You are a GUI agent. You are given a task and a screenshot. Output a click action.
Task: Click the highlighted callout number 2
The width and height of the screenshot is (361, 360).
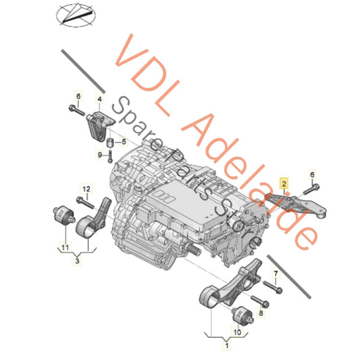284,183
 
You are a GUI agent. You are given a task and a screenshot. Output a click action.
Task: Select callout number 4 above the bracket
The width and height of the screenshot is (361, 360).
100,99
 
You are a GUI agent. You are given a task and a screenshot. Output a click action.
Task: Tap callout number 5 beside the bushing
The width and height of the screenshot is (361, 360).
124,141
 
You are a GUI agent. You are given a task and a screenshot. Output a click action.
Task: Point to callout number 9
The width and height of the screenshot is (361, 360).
100,154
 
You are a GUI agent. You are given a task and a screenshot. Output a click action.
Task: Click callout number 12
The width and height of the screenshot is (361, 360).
86,189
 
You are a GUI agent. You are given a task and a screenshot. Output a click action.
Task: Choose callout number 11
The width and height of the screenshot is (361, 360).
66,248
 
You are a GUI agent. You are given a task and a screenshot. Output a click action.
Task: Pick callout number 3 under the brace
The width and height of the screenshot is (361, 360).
77,261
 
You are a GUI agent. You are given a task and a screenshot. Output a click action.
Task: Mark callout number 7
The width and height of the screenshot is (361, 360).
276,274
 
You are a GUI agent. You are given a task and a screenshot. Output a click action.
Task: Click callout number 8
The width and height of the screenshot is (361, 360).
261,313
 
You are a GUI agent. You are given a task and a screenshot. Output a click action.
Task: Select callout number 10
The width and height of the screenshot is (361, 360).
237,332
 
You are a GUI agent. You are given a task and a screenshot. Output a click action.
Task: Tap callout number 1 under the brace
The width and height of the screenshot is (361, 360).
227,345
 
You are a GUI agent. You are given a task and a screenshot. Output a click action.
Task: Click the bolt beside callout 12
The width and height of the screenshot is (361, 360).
85,202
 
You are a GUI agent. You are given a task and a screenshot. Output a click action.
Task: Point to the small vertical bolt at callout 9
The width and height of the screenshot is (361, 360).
110,156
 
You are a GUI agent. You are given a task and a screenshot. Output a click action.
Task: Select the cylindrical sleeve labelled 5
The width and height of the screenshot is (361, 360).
110,143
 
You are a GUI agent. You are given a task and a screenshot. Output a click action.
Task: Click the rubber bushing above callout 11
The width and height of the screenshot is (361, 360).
64,215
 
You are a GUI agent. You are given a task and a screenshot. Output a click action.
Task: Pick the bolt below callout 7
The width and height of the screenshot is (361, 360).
273,287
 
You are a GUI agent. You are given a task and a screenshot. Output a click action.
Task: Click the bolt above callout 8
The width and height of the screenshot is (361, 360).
259,301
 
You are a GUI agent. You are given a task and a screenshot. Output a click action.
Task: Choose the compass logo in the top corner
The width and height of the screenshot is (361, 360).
76,14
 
